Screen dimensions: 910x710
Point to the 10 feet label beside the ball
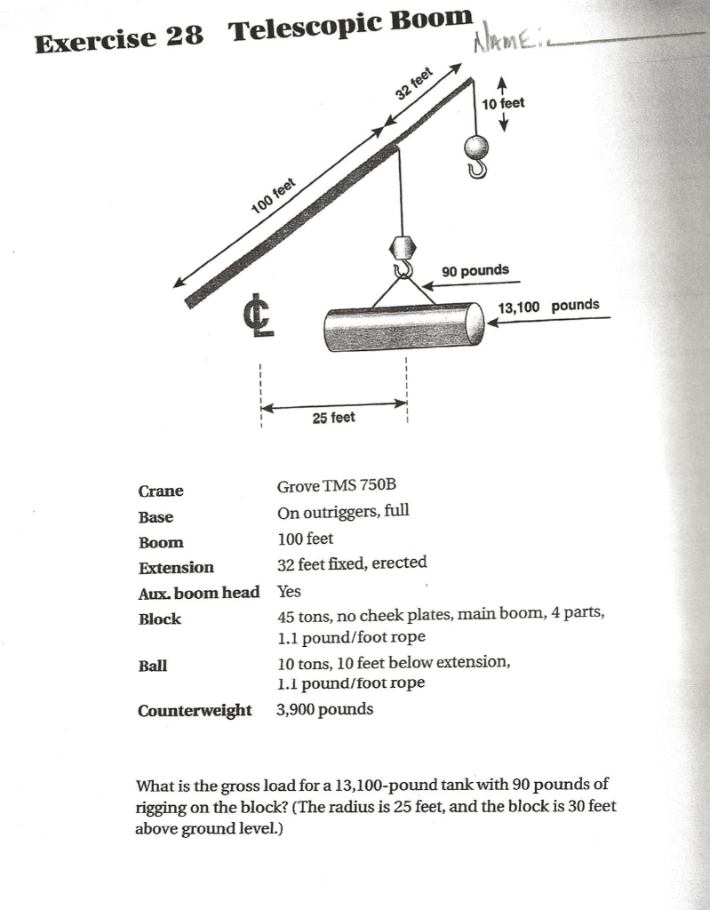click(x=503, y=103)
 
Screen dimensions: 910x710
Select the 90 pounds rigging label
click(x=475, y=269)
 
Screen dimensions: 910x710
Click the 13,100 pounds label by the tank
click(x=548, y=306)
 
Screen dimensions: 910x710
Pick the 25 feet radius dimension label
click(x=333, y=417)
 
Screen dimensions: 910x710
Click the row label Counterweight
click(x=195, y=710)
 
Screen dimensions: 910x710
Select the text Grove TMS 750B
click(x=336, y=486)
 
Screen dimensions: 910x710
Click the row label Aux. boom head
click(x=199, y=592)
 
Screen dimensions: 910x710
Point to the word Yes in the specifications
click(x=290, y=591)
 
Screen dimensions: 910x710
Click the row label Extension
click(x=176, y=567)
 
